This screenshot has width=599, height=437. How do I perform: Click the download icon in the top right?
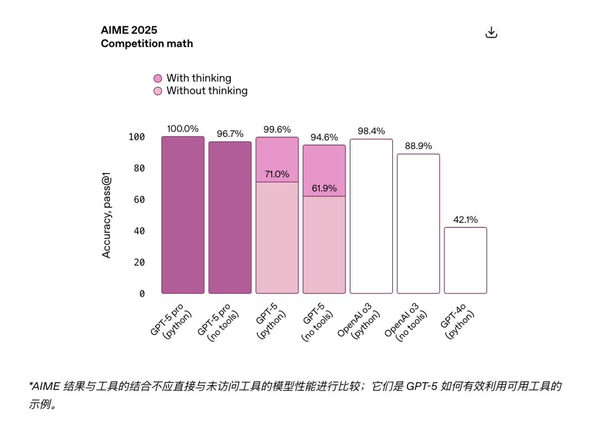point(491,33)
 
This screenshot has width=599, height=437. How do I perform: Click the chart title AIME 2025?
point(129,30)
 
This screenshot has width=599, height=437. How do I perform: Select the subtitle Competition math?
point(147,43)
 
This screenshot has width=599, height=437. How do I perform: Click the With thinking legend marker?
point(158,79)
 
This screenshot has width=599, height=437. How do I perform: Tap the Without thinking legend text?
point(207,90)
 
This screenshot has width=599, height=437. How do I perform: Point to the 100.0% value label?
point(182,129)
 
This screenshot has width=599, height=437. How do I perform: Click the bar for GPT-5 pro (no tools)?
point(230,217)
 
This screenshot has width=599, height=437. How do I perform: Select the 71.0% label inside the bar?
point(277,174)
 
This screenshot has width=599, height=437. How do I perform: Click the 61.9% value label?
point(324,189)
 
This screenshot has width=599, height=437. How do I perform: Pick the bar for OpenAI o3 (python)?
point(371,216)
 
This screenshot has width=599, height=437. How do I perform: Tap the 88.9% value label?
point(418,145)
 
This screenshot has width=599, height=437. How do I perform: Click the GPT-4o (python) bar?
point(465,260)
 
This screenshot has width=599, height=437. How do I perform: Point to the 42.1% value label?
point(465,220)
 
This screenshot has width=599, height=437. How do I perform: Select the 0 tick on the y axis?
point(142,294)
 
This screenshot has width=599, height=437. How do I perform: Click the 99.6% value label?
point(277,129)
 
